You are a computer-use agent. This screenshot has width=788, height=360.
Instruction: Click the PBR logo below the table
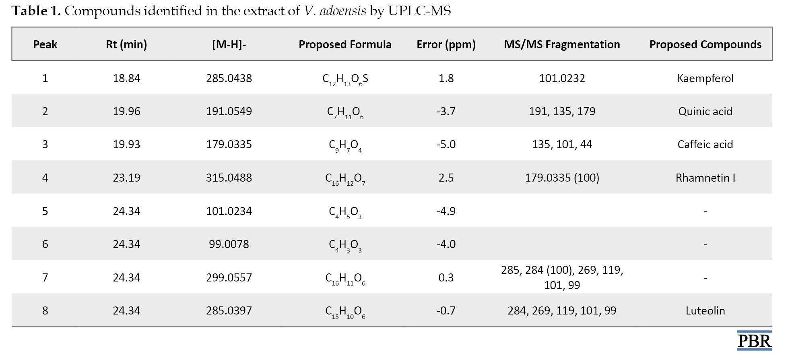click(x=754, y=341)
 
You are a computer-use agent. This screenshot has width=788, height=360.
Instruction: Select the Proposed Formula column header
click(x=345, y=44)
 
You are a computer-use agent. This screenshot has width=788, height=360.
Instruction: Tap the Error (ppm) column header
click(x=446, y=45)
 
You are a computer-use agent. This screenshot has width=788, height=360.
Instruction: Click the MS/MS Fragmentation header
click(x=562, y=45)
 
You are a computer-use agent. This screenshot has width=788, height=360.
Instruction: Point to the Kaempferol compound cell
click(x=705, y=78)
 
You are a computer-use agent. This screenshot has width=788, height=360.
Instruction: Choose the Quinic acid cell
click(x=705, y=111)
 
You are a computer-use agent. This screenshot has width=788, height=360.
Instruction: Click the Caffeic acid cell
click(x=705, y=144)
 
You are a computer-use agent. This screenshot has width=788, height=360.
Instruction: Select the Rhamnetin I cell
click(x=705, y=178)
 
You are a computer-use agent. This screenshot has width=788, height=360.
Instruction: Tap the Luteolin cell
click(x=705, y=310)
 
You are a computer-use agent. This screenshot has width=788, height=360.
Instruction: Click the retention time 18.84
click(x=126, y=78)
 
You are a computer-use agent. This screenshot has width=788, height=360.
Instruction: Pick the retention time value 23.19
click(x=126, y=178)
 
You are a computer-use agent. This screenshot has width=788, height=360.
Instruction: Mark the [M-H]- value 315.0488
click(x=229, y=178)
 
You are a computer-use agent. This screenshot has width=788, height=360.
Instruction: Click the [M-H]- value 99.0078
click(x=229, y=244)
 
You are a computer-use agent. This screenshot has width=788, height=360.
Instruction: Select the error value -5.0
click(x=446, y=144)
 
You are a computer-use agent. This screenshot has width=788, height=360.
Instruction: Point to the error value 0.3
click(x=446, y=277)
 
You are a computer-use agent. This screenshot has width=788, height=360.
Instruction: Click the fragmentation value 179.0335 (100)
click(x=562, y=178)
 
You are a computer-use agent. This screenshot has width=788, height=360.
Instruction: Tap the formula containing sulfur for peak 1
click(x=345, y=79)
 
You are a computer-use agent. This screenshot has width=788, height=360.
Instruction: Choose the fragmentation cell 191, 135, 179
click(x=562, y=111)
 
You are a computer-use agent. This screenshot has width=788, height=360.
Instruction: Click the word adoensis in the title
click(x=343, y=11)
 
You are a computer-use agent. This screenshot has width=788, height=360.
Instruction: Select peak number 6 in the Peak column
click(x=45, y=244)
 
